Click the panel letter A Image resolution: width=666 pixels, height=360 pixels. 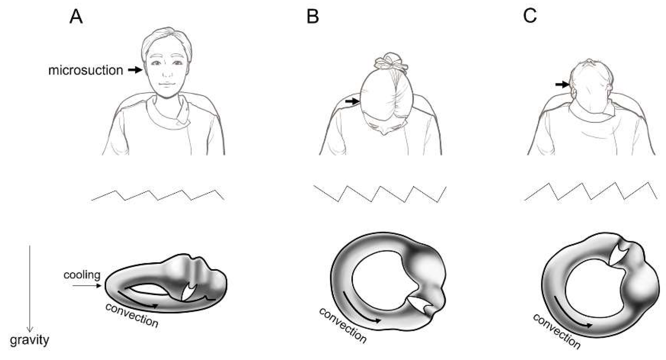click(x=76, y=17)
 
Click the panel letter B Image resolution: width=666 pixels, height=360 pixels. click(x=312, y=17)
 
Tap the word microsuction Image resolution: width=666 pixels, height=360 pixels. click(x=86, y=71)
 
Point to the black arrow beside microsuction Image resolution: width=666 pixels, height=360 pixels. click(x=135, y=70)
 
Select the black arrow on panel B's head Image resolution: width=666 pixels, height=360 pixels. click(x=352, y=102)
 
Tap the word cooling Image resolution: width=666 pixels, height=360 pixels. click(x=82, y=275)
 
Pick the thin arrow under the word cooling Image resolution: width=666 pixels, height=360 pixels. click(x=87, y=286)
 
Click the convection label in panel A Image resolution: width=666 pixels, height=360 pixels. click(x=132, y=316)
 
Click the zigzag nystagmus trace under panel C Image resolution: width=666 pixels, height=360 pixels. click(x=591, y=191)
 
